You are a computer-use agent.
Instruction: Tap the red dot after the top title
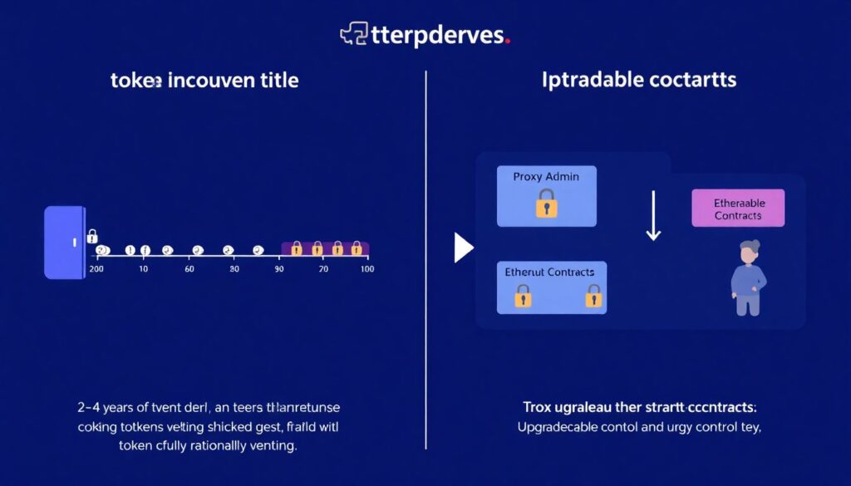pos(508,40)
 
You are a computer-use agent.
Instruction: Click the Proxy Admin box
pos(546,196)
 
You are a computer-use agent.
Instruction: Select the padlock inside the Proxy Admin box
pos(546,204)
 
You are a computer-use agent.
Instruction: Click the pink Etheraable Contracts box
pos(737,208)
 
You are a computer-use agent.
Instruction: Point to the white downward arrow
pos(653,215)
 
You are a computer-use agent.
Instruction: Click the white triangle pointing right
pos(463,248)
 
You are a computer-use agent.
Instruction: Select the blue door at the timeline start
pos(64,242)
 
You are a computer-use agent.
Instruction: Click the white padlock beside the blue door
pos(92,236)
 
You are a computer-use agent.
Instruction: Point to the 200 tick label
pos(96,270)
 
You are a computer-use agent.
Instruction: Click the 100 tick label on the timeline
pos(366,270)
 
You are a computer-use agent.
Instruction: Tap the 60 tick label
pos(189,270)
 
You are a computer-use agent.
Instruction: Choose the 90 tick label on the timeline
pos(279,270)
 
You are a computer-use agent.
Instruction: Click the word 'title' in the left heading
pos(278,81)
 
